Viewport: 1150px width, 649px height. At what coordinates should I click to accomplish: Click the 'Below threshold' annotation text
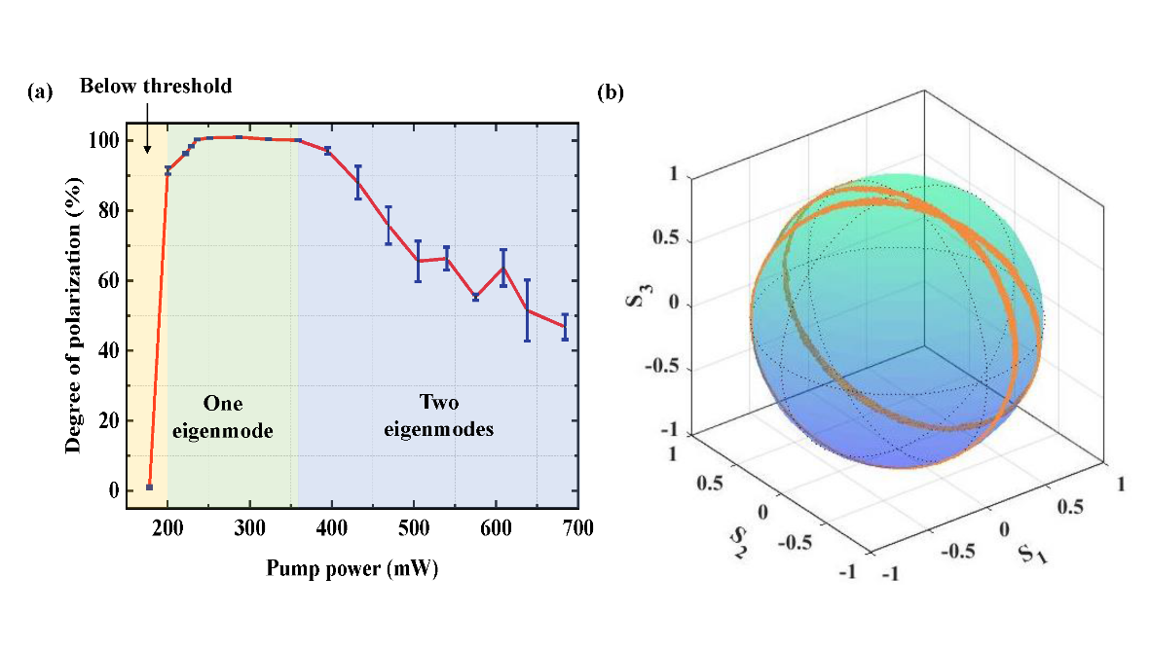coord(156,87)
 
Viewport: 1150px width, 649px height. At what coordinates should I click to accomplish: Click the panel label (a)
coord(41,92)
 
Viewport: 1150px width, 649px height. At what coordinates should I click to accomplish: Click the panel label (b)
coord(610,92)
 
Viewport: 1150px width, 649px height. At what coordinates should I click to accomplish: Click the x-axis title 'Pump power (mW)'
coord(352,570)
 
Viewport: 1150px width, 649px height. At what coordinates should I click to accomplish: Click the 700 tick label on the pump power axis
coord(578,528)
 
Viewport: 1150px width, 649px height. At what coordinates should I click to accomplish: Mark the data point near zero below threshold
coord(149,487)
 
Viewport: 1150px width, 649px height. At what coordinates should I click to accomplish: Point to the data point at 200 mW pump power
coord(167,171)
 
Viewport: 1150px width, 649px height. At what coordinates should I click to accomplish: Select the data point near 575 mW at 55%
coord(475,297)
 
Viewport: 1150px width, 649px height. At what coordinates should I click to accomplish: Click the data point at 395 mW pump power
coord(328,150)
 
